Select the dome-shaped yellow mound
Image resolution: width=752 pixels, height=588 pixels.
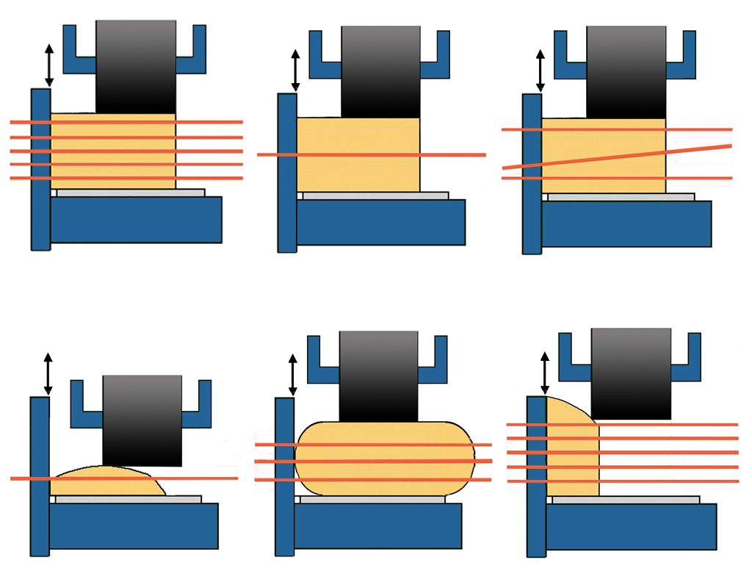click(x=110, y=481)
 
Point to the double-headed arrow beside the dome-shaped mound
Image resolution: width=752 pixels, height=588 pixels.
click(x=48, y=375)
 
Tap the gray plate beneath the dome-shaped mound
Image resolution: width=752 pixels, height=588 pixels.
click(x=128, y=499)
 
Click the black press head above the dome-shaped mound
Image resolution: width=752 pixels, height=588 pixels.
click(x=142, y=419)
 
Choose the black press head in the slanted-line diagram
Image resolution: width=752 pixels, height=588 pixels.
click(x=626, y=70)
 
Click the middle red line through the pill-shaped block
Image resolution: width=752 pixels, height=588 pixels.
click(x=382, y=462)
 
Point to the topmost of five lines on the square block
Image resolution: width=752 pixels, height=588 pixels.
click(x=206, y=122)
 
